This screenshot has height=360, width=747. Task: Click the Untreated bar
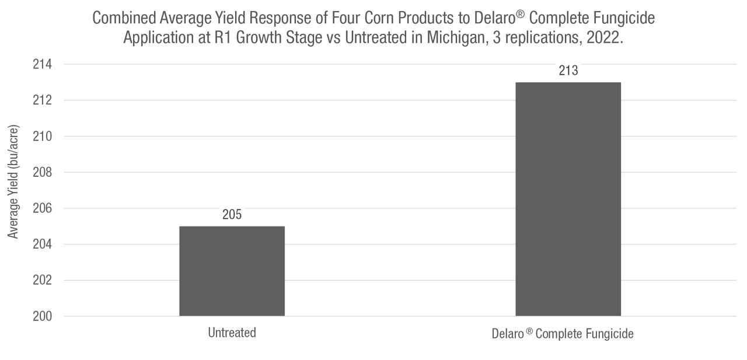tap(232, 271)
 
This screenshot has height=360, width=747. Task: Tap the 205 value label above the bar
tap(232, 215)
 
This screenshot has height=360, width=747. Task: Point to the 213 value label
tap(568, 71)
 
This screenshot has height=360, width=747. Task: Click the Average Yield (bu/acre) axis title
tap(13, 181)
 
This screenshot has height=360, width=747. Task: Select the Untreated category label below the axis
tap(232, 333)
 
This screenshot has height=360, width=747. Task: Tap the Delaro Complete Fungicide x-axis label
tap(563, 334)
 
